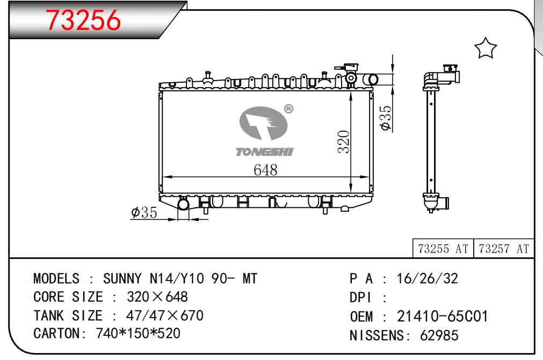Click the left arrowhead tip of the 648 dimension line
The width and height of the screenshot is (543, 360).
pyautogui.click(x=163, y=177)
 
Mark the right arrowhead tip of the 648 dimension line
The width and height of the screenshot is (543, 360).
pyautogui.click(x=369, y=177)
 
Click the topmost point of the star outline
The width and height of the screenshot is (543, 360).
pyautogui.click(x=486, y=38)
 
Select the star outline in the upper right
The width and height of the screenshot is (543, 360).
pyautogui.click(x=486, y=48)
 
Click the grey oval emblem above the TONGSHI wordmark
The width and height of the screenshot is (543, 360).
pyautogui.click(x=264, y=124)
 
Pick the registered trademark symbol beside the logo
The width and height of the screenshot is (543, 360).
pyautogui.click(x=288, y=109)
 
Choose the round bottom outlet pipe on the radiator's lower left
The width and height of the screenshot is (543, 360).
pyautogui.click(x=183, y=204)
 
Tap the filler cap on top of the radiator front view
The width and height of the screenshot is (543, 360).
pyautogui.click(x=347, y=67)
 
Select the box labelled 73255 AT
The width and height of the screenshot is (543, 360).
pyautogui.click(x=443, y=248)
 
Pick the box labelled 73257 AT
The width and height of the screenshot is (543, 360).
pyautogui.click(x=503, y=248)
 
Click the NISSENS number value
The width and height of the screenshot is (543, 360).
pyautogui.click(x=439, y=335)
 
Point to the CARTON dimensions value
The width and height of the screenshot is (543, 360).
pyautogui.click(x=138, y=333)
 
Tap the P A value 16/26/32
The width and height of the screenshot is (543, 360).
pyautogui.click(x=427, y=278)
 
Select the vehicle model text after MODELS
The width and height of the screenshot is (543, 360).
pyautogui.click(x=180, y=278)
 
